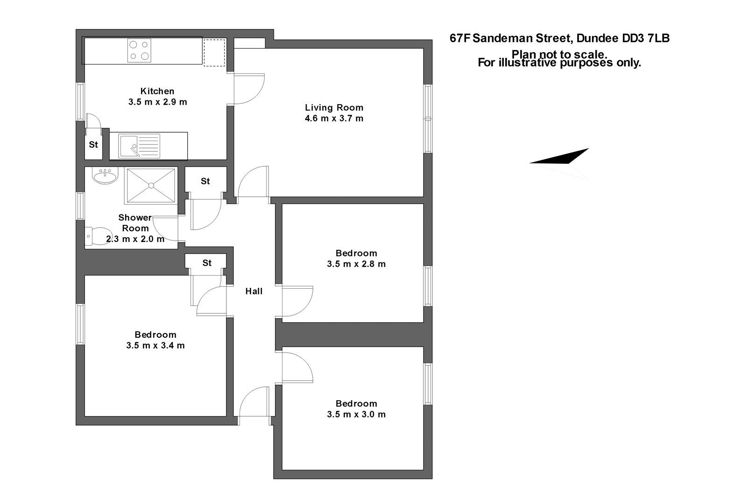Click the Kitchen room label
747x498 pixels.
pyautogui.click(x=157, y=91)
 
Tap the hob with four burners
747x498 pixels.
pyautogui.click(x=140, y=50)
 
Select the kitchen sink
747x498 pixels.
pyautogui.click(x=139, y=146)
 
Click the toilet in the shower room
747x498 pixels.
pyautogui.click(x=99, y=236)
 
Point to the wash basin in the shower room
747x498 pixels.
pyautogui.click(x=105, y=176)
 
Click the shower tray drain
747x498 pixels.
pyautogui.click(x=151, y=185)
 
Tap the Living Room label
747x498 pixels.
pyautogui.click(x=334, y=107)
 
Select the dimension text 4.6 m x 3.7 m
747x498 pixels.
pyautogui.click(x=334, y=118)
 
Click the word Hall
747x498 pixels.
pyautogui.click(x=254, y=291)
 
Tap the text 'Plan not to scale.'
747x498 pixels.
pyautogui.click(x=559, y=54)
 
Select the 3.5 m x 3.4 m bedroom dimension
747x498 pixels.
pyautogui.click(x=155, y=346)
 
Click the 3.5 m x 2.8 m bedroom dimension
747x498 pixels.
pyautogui.click(x=356, y=264)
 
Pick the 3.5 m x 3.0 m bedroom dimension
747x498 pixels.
pyautogui.click(x=356, y=414)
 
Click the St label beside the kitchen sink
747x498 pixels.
pyautogui.click(x=93, y=144)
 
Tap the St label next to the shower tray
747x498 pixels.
pyautogui.click(x=205, y=181)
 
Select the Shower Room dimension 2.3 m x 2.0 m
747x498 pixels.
pyautogui.click(x=135, y=239)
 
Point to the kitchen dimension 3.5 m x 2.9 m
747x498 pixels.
pyautogui.click(x=158, y=102)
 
